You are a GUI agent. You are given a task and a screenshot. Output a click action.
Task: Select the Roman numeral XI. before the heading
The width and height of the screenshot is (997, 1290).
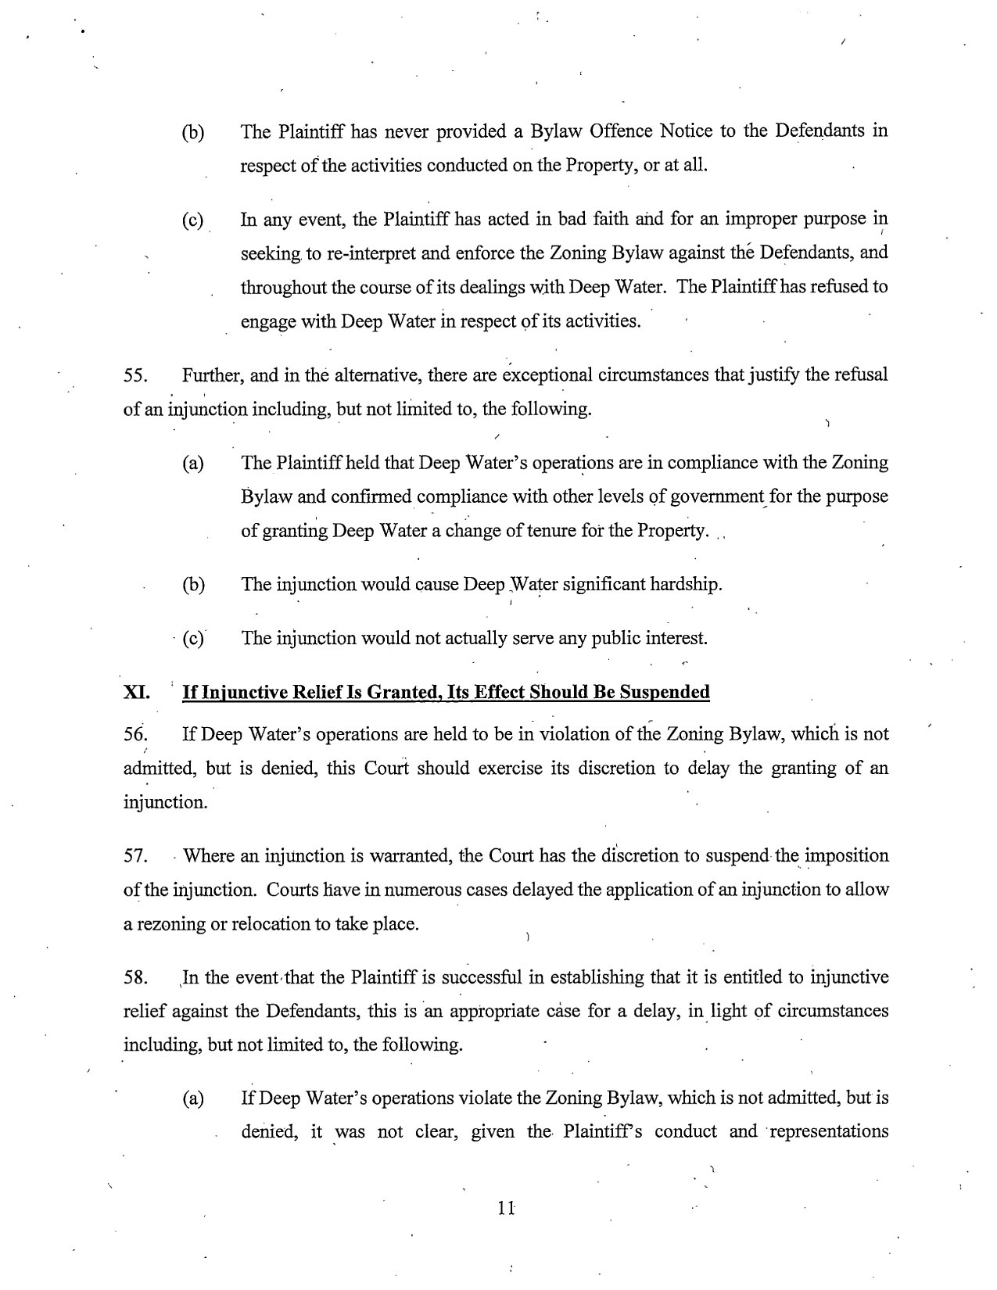(x=136, y=692)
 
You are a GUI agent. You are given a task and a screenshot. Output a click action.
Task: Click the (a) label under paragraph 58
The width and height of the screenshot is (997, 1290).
(x=192, y=1099)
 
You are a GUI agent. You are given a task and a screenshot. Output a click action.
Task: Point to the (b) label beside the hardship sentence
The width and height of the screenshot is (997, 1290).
(x=192, y=585)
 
